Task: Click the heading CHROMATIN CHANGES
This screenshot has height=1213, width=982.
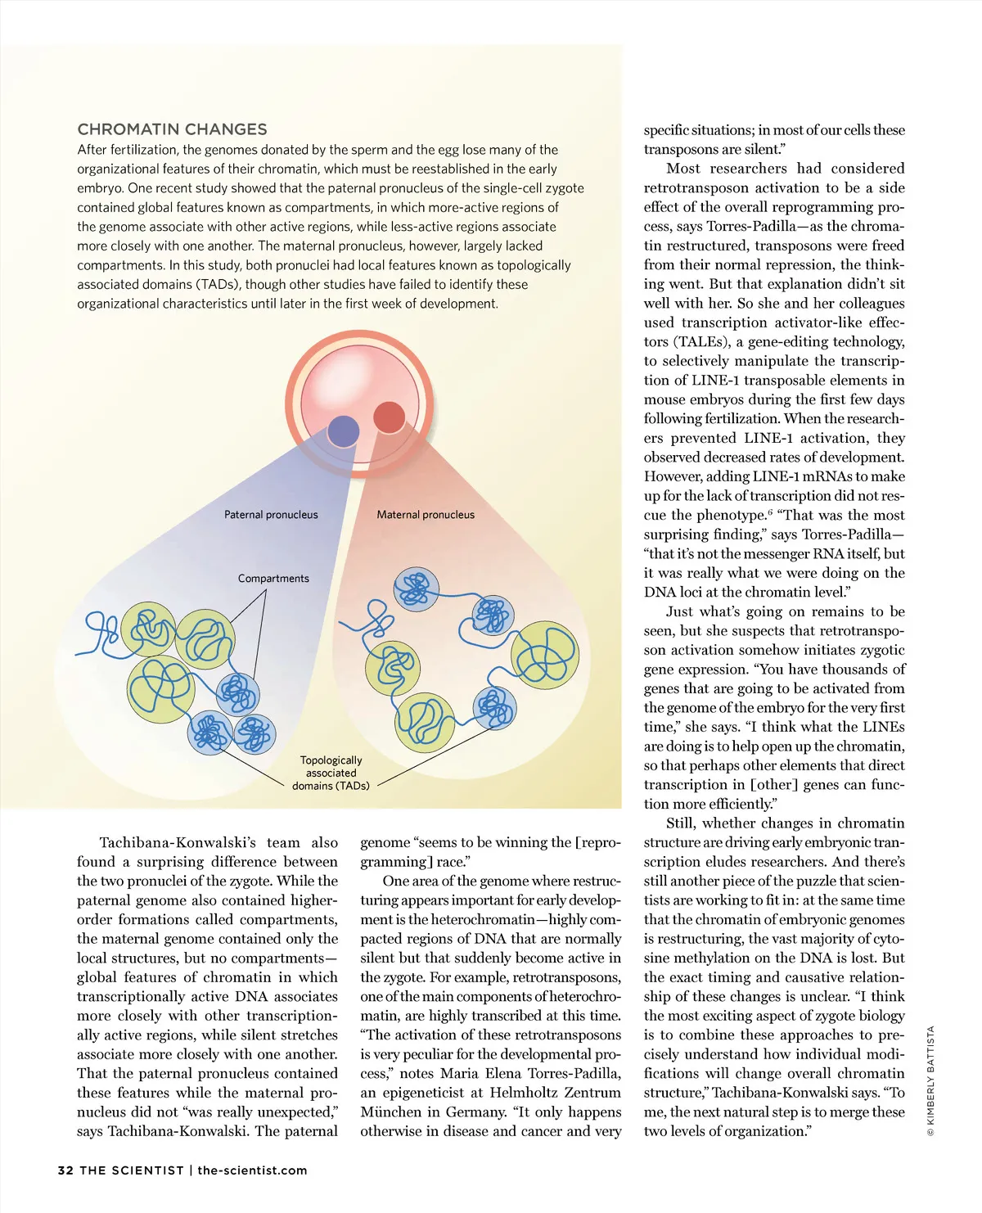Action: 172,129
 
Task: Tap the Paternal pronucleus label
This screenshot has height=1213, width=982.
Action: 271,515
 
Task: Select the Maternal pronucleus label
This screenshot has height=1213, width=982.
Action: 426,515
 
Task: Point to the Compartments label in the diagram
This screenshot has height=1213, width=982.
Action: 273,579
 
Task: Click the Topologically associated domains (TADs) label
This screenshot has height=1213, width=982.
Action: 331,773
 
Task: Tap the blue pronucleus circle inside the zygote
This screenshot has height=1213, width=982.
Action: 343,431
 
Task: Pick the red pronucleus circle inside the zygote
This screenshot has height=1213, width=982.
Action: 390,417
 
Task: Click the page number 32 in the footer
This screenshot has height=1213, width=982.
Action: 65,1170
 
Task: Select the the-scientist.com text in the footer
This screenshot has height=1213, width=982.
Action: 252,1170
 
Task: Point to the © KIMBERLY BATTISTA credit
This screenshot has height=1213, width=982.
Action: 930,1080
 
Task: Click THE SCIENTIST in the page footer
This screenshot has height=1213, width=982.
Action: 132,1170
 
